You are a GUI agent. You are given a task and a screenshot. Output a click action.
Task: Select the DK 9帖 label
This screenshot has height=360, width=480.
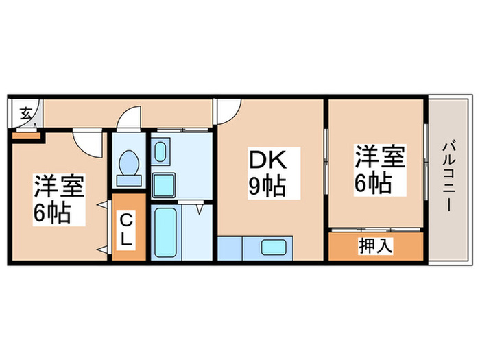pyautogui.click(x=266, y=173)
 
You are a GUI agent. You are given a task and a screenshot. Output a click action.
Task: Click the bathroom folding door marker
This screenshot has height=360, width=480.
pyautogui.click(x=199, y=208)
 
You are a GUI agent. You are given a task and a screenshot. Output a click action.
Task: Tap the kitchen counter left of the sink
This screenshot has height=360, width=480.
pyautogui.click(x=237, y=248)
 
